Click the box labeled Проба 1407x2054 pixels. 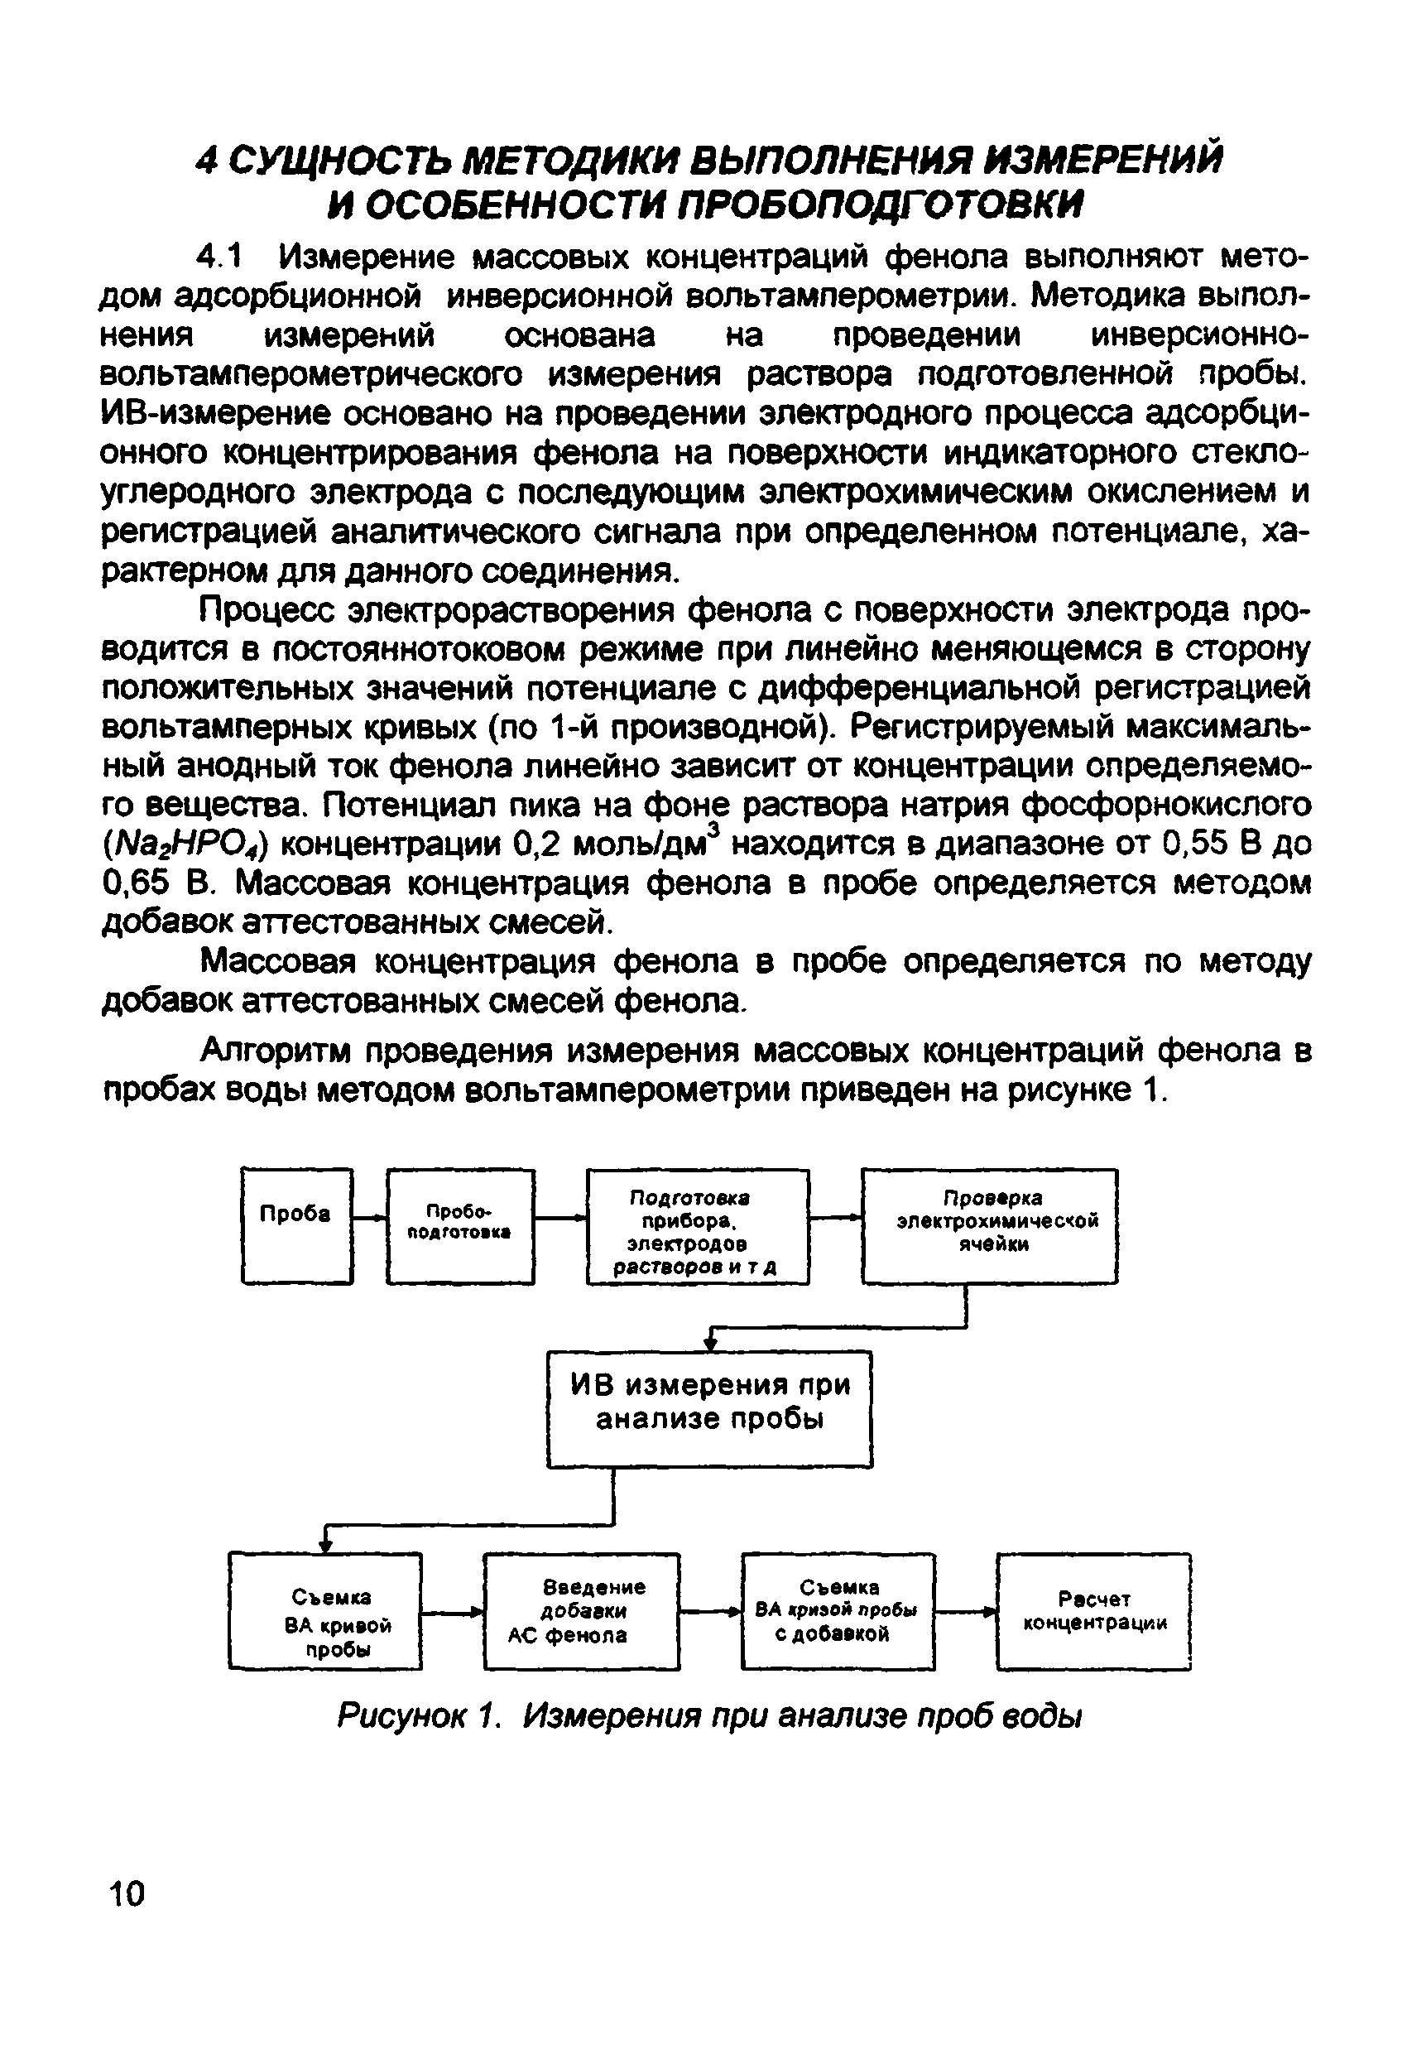(x=296, y=1226)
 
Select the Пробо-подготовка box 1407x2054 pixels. (x=459, y=1226)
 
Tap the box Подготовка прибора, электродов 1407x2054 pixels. (x=698, y=1226)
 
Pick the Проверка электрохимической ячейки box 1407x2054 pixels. (x=989, y=1226)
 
